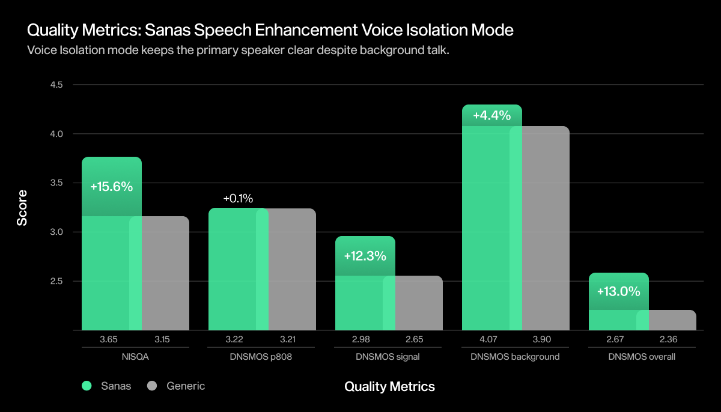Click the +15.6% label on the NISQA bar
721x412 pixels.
111,187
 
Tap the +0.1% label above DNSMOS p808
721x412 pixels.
238,198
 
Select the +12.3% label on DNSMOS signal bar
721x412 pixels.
365,256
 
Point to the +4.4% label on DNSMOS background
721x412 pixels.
491,115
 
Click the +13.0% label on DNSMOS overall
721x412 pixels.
618,292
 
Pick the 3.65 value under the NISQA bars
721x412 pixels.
108,339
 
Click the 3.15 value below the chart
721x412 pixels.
162,339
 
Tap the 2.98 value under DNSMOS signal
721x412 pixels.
362,339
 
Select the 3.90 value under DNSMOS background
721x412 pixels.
542,339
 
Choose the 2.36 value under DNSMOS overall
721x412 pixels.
669,339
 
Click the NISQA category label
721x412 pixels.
135,357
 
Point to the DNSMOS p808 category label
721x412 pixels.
262,357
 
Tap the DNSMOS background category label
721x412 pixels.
516,357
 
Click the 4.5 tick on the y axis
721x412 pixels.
56,85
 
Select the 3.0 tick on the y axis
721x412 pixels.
56,232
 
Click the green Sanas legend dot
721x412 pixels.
87,386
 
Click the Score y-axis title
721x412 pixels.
22,208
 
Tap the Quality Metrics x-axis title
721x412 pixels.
389,386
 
